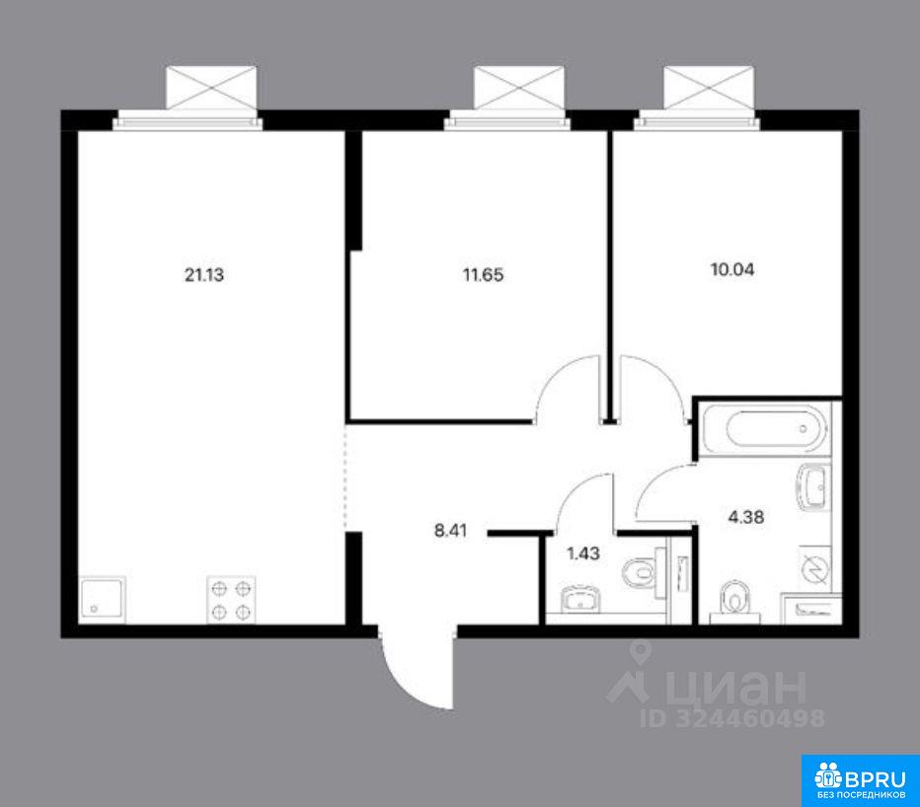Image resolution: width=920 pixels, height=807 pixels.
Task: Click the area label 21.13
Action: [204, 274]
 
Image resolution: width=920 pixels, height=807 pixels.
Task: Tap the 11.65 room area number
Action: [483, 274]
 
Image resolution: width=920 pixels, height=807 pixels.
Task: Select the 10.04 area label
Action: [732, 269]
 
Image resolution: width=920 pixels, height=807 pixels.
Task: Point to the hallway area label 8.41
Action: [450, 532]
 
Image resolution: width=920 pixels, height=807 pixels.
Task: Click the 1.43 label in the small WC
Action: [583, 552]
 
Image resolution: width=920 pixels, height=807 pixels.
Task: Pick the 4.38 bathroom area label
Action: [746, 517]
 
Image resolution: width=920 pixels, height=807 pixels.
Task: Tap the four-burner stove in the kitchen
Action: [231, 600]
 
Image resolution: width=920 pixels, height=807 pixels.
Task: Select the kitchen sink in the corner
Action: [103, 600]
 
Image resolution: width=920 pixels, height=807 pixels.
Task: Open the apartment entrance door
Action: [418, 667]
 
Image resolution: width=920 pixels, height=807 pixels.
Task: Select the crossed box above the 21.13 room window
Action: [211, 88]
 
